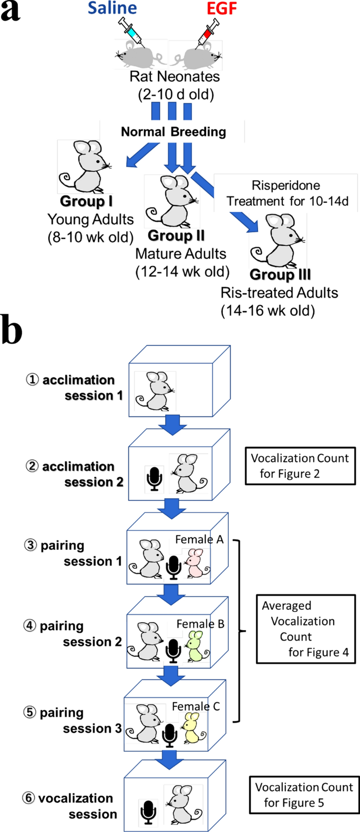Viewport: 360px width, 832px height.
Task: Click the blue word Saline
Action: tap(112, 8)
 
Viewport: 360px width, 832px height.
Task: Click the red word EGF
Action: tap(221, 8)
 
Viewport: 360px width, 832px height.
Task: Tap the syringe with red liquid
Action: tap(208, 32)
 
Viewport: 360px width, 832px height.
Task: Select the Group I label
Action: tap(86, 201)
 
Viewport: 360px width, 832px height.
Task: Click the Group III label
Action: tap(280, 274)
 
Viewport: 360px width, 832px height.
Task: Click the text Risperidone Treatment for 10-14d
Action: tap(287, 193)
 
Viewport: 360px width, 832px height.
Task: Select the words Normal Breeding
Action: tap(173, 131)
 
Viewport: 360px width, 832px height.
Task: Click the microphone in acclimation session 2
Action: tap(154, 478)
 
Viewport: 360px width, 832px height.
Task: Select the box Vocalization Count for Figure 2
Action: tap(300, 466)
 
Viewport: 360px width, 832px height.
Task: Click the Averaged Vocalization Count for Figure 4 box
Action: tap(305, 629)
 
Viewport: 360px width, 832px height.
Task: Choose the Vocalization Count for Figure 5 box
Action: tap(304, 795)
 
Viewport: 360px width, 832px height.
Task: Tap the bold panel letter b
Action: tap(12, 331)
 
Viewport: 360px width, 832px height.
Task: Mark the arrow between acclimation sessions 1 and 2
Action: tap(171, 425)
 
